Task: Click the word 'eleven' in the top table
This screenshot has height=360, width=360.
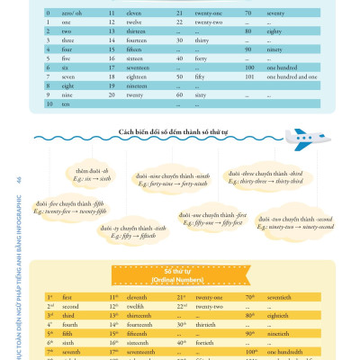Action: point(126,14)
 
